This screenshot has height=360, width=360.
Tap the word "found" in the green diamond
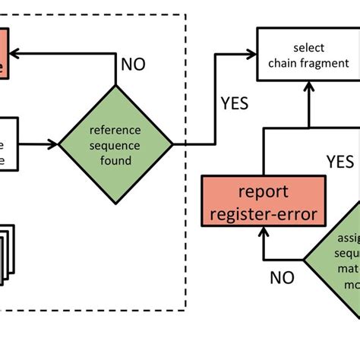tap(116, 159)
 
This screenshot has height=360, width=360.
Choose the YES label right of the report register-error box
tap(339, 161)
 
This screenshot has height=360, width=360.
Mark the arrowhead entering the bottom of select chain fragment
tap(308, 84)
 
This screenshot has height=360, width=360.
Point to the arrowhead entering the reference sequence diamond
tap(55, 143)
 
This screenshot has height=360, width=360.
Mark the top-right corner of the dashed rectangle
tap(187, 15)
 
